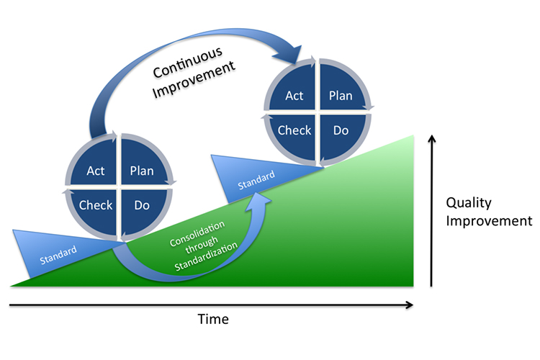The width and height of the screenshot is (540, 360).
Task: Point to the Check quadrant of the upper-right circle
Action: pyautogui.click(x=294, y=135)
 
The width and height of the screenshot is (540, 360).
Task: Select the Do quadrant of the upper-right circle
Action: pyautogui.click(x=341, y=135)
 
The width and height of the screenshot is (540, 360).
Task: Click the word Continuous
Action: pyautogui.click(x=188, y=63)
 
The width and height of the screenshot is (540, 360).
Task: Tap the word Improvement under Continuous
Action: pyautogui.click(x=194, y=80)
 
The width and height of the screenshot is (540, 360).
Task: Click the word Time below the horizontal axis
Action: pyautogui.click(x=213, y=319)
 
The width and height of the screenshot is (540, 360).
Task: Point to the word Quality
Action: pyautogui.click(x=469, y=203)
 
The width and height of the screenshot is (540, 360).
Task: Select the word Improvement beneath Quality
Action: pyautogui.click(x=489, y=221)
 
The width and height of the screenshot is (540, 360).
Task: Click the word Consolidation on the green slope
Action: pyautogui.click(x=197, y=233)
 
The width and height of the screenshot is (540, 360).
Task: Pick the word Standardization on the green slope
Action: pyautogui.click(x=206, y=256)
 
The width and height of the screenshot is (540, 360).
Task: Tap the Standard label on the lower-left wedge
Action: pyautogui.click(x=58, y=255)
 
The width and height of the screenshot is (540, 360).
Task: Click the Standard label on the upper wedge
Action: pyautogui.click(x=256, y=179)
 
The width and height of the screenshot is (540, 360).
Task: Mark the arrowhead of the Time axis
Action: pyautogui.click(x=410, y=305)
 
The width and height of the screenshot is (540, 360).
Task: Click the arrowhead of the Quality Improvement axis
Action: pyautogui.click(x=431, y=138)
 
